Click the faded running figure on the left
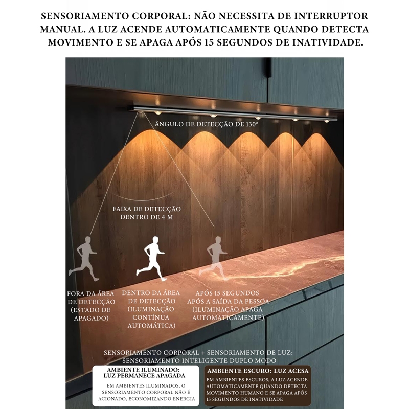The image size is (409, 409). pos(85,258)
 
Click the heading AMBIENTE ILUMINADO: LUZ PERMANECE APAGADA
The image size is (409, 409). pos(143,372)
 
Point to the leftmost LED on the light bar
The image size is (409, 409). pos(158,112)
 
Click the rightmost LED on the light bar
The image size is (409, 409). pos(327,121)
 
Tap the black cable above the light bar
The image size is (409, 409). pos(268,72)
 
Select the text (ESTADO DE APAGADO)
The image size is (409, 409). pos(90,314)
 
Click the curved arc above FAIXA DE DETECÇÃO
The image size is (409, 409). pos(137,198)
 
